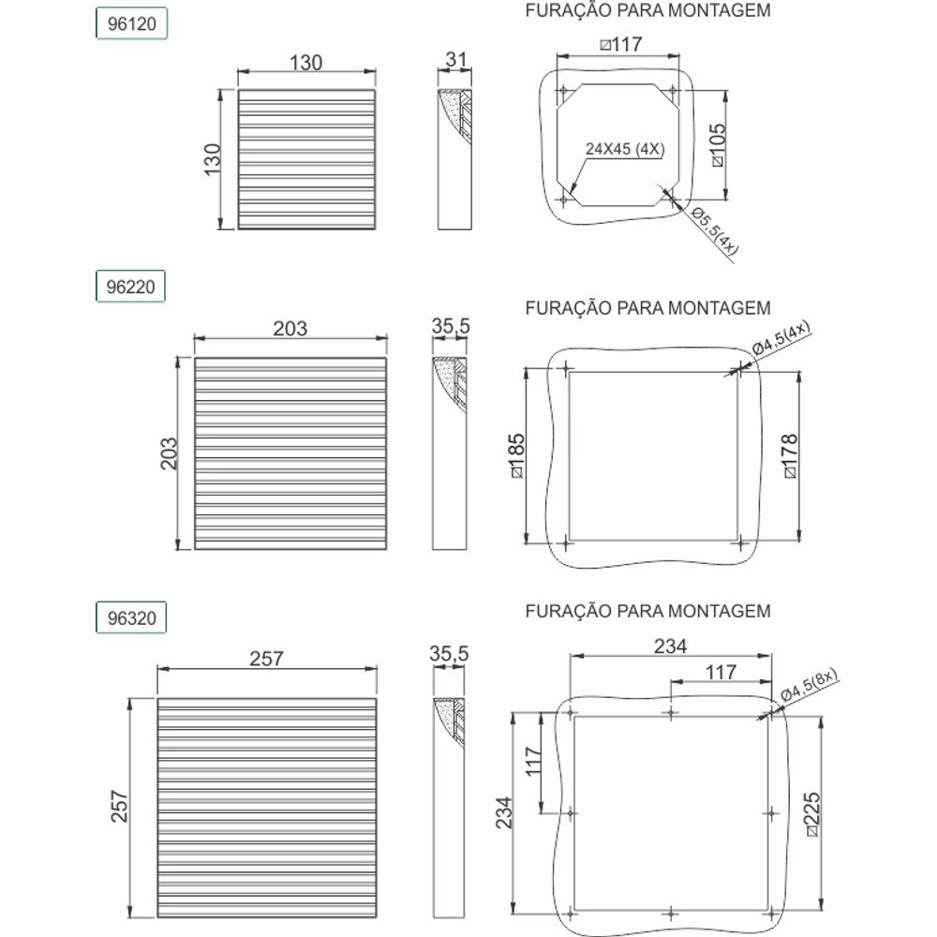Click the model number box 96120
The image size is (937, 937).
click(131, 24)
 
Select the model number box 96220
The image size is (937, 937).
click(130, 287)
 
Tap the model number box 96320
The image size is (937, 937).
click(131, 617)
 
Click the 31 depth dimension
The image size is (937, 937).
click(455, 60)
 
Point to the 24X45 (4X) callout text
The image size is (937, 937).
click(624, 149)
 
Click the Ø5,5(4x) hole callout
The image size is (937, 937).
click(715, 231)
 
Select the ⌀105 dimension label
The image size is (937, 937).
click(718, 144)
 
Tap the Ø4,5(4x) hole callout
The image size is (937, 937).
click(781, 338)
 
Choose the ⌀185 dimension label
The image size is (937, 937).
click(517, 455)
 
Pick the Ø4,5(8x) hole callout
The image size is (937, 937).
click(810, 685)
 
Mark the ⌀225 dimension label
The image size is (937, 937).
click(812, 814)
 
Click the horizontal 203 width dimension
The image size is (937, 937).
click(290, 328)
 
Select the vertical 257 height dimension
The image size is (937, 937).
click(120, 806)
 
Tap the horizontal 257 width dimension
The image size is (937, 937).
click(266, 659)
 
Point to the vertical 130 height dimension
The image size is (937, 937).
click(213, 159)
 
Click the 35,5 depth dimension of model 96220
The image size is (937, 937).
click(451, 326)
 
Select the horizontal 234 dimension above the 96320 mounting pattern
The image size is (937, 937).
click(671, 646)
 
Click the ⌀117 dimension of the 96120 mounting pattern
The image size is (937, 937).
click(621, 44)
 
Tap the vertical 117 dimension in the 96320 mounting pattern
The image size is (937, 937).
click(533, 761)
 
